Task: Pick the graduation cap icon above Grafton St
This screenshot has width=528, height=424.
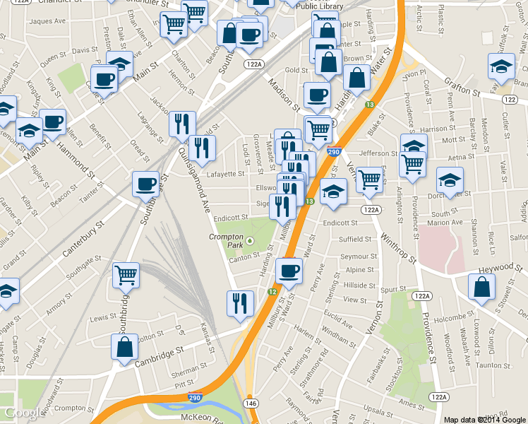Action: (501, 66)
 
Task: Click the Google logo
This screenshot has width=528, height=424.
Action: (23, 413)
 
